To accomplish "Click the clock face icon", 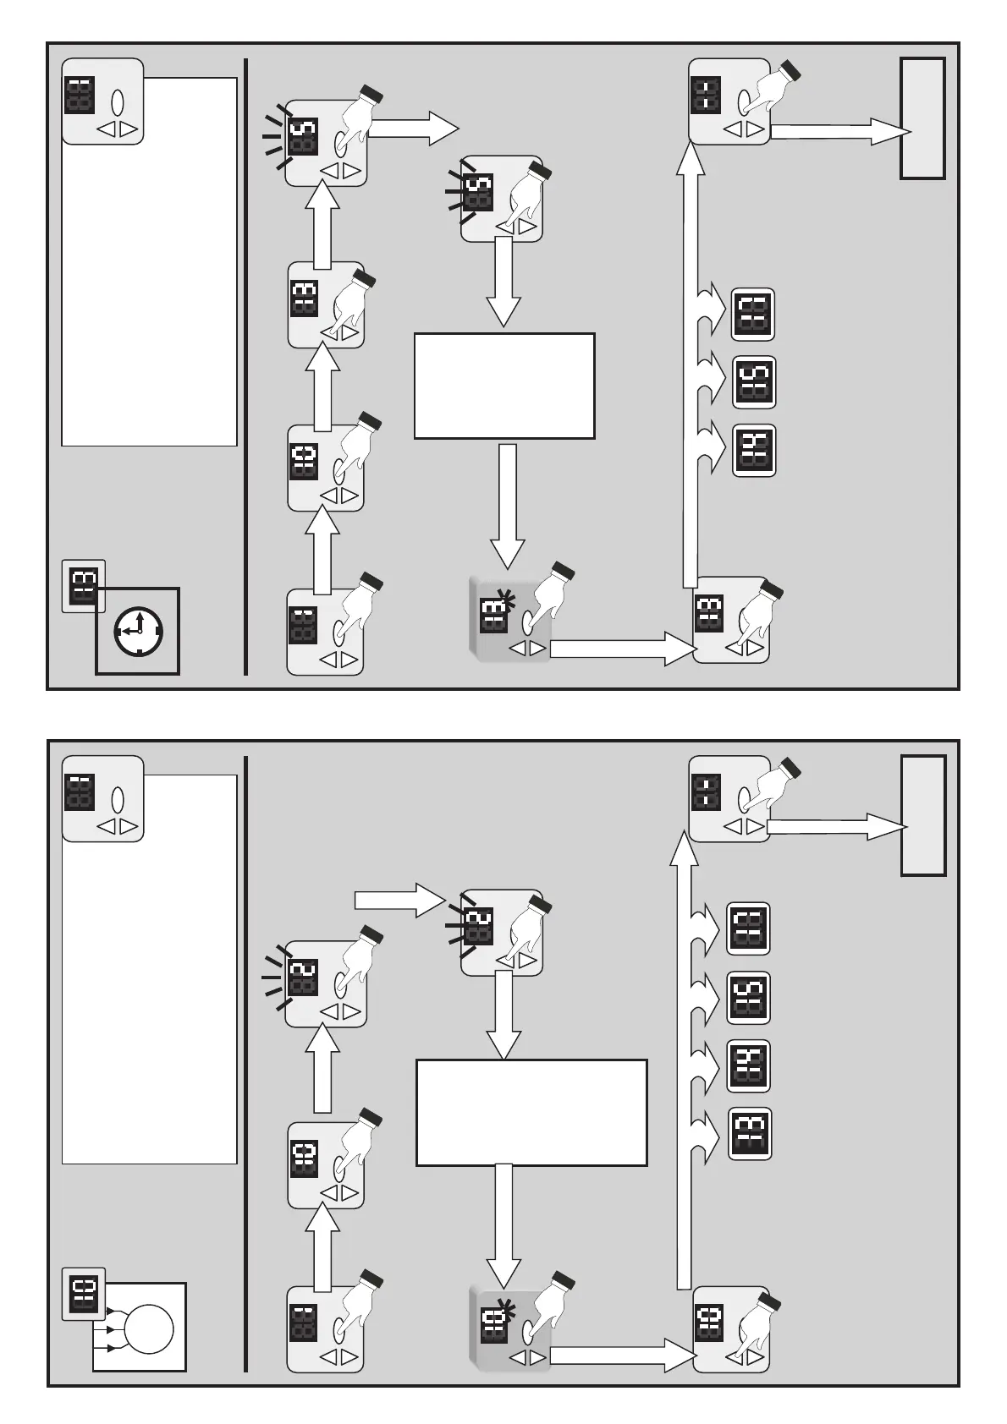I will (x=139, y=632).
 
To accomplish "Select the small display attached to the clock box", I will (x=84, y=585).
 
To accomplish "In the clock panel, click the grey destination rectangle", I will (x=922, y=118).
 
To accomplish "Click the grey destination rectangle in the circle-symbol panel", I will (x=923, y=815).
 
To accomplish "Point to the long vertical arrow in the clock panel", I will (x=691, y=364).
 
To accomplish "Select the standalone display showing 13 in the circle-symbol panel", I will (x=750, y=1133).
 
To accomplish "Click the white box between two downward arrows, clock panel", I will (x=504, y=386).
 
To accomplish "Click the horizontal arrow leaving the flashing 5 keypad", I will (x=414, y=129).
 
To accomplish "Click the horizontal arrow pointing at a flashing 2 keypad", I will (x=399, y=900).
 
